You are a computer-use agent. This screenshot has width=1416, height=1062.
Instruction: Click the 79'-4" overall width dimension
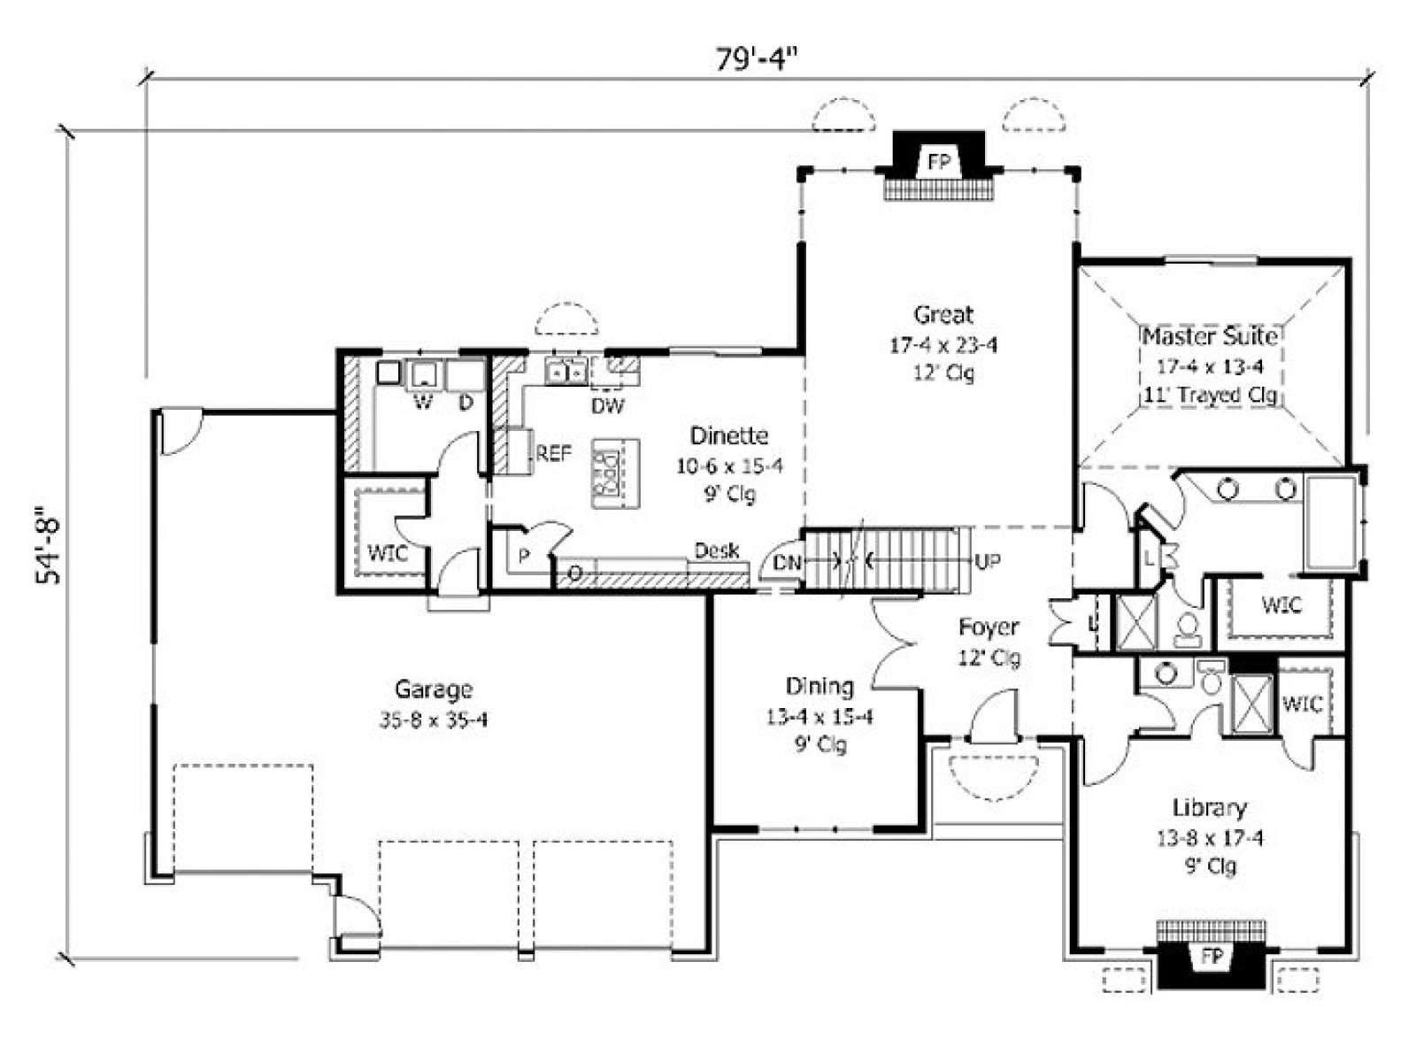757,59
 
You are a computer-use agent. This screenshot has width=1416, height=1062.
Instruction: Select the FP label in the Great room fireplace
939,162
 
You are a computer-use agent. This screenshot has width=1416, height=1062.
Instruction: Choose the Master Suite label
1210,336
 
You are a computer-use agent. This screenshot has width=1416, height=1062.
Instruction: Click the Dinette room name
729,436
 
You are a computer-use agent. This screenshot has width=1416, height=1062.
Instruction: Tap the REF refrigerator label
554,453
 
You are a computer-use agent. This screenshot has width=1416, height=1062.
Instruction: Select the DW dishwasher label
608,405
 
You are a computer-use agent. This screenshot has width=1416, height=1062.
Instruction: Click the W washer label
422,403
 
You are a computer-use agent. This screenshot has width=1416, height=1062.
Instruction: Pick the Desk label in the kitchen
717,550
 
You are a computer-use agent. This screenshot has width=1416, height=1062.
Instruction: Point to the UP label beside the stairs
988,562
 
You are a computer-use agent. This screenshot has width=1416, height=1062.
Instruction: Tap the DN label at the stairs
787,563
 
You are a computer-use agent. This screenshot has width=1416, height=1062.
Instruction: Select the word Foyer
989,627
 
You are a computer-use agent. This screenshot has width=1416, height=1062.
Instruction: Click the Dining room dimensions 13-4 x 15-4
820,717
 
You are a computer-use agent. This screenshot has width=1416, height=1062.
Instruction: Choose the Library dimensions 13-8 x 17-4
1210,838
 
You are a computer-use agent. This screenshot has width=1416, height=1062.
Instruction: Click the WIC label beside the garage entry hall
387,553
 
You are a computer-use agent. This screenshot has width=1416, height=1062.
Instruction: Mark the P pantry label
524,555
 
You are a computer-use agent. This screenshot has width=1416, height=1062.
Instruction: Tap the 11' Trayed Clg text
1210,395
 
